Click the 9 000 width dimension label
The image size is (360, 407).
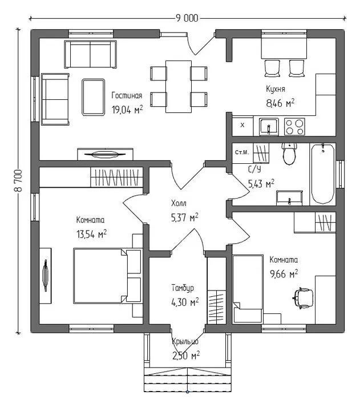(187, 18)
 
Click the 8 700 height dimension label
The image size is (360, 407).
(18, 180)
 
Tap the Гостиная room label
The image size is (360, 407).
(127, 95)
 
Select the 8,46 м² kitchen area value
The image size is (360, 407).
(280, 103)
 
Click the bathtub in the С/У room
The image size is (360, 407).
(323, 174)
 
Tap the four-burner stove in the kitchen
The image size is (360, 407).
(294, 127)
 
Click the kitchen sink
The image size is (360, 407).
(269, 127)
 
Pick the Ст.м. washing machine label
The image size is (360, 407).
(242, 152)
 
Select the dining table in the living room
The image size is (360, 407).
(179, 86)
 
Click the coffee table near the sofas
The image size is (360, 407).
(94, 97)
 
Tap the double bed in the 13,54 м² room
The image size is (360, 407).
(107, 276)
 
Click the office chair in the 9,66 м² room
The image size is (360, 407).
(303, 298)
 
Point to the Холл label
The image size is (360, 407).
(179, 203)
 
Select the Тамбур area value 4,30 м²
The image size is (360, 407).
(185, 302)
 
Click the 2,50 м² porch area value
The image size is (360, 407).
(186, 356)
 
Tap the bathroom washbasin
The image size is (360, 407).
(289, 198)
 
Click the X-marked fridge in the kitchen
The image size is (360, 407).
(242, 126)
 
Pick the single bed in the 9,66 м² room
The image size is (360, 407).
(248, 289)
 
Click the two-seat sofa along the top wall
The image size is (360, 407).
(90, 54)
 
